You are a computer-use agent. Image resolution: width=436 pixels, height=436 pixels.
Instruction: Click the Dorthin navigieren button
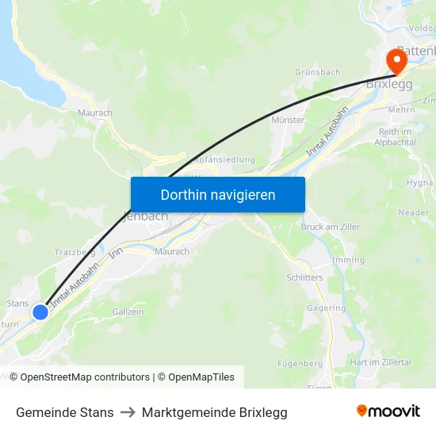pos(218,194)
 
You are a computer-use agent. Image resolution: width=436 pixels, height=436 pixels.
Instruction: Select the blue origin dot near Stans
pos(40,312)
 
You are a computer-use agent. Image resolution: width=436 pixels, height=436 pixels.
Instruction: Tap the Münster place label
pos(288,120)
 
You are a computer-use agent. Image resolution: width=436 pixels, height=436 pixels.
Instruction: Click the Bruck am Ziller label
pos(331,227)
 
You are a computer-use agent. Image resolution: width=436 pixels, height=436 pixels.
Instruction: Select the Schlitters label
pos(304,277)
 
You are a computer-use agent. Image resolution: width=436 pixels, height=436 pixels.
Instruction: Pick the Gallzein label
pos(128,312)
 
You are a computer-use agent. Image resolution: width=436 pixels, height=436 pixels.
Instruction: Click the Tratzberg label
pos(75,252)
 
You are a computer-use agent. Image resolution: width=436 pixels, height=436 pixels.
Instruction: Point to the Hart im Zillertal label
pos(381,362)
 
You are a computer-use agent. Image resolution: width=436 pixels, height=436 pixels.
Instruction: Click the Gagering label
pos(327,308)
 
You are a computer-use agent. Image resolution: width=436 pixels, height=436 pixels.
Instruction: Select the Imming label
pos(349,259)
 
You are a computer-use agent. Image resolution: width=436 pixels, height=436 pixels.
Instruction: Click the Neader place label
pos(413,212)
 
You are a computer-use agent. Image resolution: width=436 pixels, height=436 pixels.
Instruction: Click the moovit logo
pos(388,411)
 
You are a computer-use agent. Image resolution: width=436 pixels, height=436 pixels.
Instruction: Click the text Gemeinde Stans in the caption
pos(65,412)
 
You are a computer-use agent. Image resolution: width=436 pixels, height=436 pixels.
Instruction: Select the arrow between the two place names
pos(128,412)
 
